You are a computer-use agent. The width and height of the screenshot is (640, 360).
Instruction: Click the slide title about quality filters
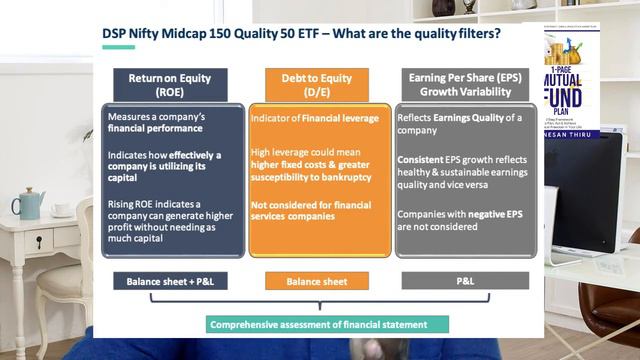[302, 34]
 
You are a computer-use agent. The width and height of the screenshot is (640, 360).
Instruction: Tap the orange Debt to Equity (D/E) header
[316, 84]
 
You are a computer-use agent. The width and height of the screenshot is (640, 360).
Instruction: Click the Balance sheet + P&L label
[176, 282]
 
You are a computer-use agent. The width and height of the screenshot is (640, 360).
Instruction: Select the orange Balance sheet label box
[316, 282]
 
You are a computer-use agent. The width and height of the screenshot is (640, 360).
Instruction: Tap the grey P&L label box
[465, 282]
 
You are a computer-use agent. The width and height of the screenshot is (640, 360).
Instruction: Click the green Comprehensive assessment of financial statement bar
[318, 324]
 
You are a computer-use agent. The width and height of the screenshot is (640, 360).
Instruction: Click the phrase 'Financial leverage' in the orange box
[340, 118]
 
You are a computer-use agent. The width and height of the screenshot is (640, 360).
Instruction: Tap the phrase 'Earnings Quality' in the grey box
[462, 118]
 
